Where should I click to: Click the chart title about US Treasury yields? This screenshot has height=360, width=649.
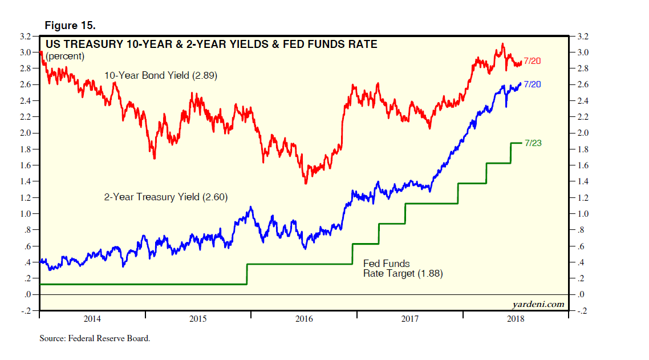pyautogui.click(x=211, y=44)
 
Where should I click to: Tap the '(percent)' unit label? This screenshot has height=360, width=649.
pyautogui.click(x=65, y=56)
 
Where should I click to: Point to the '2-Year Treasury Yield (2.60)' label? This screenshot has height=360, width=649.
pyautogui.click(x=166, y=197)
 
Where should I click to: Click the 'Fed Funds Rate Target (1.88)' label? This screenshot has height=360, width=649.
pyautogui.click(x=403, y=269)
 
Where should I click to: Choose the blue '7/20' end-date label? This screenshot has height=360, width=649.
pyautogui.click(x=532, y=84)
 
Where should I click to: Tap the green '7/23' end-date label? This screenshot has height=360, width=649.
pyautogui.click(x=532, y=143)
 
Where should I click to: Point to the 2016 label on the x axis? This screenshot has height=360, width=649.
pyautogui.click(x=303, y=319)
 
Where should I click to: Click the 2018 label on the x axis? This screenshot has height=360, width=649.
pyautogui.click(x=515, y=319)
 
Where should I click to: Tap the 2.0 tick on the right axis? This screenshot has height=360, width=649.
pyautogui.click(x=583, y=134)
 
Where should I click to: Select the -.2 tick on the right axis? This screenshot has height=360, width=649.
pyautogui.click(x=582, y=312)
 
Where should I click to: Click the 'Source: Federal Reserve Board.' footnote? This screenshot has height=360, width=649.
pyautogui.click(x=95, y=338)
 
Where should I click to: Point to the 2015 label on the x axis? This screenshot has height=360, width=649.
pyautogui.click(x=198, y=319)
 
